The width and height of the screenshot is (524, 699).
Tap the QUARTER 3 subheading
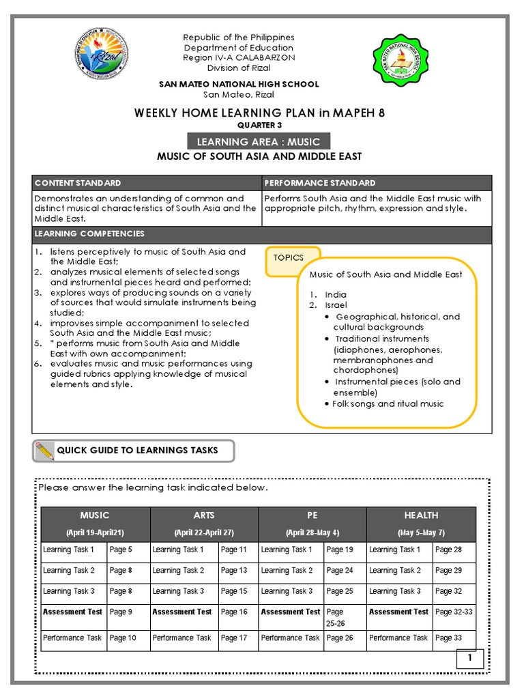(259, 126)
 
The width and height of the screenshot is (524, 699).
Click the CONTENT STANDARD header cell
(78, 183)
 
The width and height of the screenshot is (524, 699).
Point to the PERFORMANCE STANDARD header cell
(320, 183)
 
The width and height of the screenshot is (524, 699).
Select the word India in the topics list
(336, 294)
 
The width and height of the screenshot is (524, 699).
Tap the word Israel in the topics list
(336, 305)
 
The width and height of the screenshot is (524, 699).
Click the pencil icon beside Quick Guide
(43, 451)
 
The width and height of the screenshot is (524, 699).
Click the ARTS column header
(204, 515)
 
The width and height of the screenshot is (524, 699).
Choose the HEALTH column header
(421, 515)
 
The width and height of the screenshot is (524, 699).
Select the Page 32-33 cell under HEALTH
(453, 612)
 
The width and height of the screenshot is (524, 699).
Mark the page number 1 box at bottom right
(470, 659)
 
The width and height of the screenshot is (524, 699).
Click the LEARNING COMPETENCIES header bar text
(89, 233)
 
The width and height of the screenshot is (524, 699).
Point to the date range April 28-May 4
(312, 532)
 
